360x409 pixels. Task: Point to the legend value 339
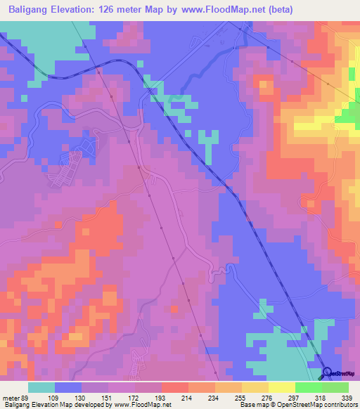346,398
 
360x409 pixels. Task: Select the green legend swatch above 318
308,388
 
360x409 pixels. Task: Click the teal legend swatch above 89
41,388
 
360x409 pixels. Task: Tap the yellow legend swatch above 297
281,388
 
